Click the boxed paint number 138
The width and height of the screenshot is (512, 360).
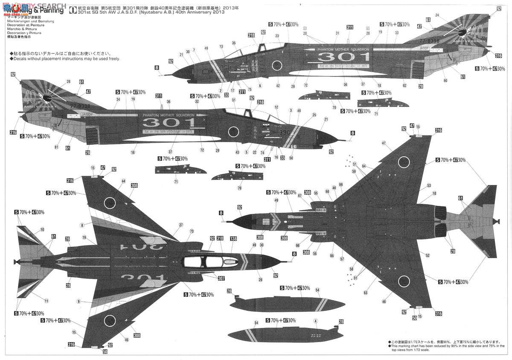(233, 239)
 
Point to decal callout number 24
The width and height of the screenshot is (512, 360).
(437, 15)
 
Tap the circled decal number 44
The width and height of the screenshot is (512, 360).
(123, 181)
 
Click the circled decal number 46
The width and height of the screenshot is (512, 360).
(384, 301)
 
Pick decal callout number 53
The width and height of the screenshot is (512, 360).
(429, 185)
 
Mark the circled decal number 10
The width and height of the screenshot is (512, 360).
(42, 230)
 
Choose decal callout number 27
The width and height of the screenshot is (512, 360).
(181, 225)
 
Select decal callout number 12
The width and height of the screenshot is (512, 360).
(276, 107)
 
